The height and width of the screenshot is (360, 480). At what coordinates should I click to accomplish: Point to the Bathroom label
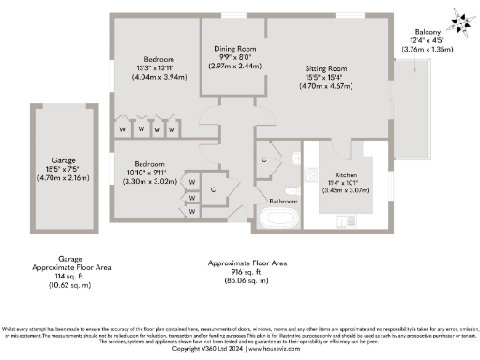(x=282, y=202)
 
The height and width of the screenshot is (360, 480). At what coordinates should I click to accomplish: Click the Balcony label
(x=419, y=31)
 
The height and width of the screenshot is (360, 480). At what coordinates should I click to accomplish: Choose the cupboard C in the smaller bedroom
(x=214, y=188)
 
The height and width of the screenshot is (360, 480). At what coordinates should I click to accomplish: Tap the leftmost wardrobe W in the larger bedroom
(x=122, y=128)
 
